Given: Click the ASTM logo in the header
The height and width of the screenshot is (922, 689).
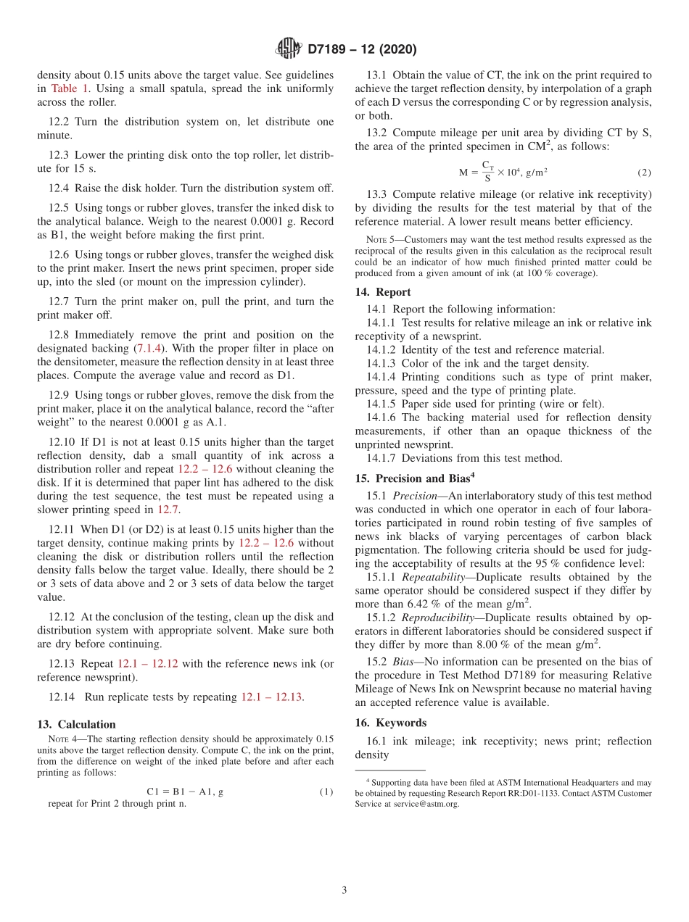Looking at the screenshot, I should click(x=288, y=49).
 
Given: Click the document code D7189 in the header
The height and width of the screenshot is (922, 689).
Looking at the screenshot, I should click(x=332, y=50).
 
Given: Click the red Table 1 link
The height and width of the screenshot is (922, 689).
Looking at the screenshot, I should click(x=70, y=88).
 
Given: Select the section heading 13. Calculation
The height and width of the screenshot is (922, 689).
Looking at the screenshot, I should click(x=76, y=724).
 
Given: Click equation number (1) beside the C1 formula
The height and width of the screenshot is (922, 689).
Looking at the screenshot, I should click(x=326, y=792).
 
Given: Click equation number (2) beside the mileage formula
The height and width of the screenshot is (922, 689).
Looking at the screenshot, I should click(x=644, y=173).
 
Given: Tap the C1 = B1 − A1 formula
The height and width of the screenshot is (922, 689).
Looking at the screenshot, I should click(x=185, y=792).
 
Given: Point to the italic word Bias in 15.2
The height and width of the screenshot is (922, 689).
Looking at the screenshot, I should click(x=405, y=661).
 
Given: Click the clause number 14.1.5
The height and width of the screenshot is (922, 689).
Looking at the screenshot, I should click(x=382, y=404).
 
